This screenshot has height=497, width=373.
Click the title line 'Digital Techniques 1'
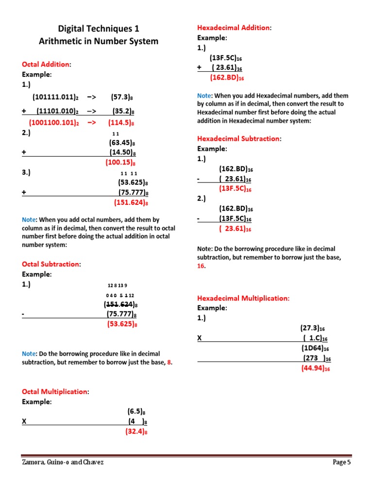99,29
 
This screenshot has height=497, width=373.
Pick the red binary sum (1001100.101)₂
54,123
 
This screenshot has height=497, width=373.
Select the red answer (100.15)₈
120,163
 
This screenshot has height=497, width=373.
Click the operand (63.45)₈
121,143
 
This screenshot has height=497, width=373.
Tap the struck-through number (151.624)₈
121,304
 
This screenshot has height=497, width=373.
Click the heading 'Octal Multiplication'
55,391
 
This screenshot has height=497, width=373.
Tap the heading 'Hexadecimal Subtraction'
238,138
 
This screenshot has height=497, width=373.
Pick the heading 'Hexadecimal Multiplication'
243,298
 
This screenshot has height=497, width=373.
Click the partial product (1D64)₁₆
315,348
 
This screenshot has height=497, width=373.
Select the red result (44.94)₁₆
316,368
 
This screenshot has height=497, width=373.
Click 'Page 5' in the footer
341,462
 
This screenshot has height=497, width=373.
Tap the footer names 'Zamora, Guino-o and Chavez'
63,462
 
